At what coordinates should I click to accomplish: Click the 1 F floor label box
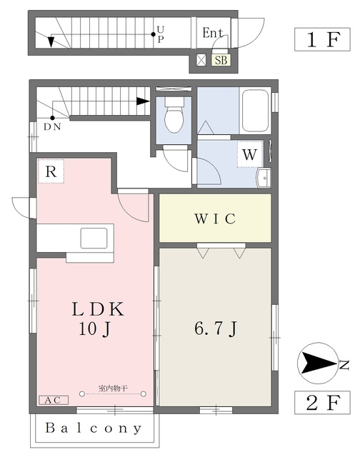(x=322, y=39)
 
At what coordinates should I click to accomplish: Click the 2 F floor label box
(x=322, y=403)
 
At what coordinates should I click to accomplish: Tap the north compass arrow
(x=319, y=363)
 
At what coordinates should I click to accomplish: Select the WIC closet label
(x=215, y=219)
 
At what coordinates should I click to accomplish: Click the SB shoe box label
(x=221, y=60)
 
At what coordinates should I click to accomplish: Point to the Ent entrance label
(x=213, y=33)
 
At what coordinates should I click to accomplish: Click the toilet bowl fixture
(x=174, y=116)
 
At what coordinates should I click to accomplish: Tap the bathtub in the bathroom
(x=255, y=111)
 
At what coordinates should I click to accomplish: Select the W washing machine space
(x=250, y=154)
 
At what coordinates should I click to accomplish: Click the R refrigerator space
(x=51, y=171)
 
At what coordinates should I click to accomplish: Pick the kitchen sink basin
(x=94, y=238)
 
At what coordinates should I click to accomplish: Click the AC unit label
(x=54, y=400)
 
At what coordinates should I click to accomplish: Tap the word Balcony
(x=94, y=428)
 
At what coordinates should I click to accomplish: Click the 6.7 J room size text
(x=216, y=329)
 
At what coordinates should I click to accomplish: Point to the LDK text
(x=98, y=309)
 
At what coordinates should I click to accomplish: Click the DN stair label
(x=52, y=127)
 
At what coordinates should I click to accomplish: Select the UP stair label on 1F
(x=161, y=34)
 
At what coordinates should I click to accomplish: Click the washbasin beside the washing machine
(x=264, y=178)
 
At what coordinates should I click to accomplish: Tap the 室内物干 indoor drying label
(x=113, y=388)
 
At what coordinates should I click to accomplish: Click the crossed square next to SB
(x=201, y=60)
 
